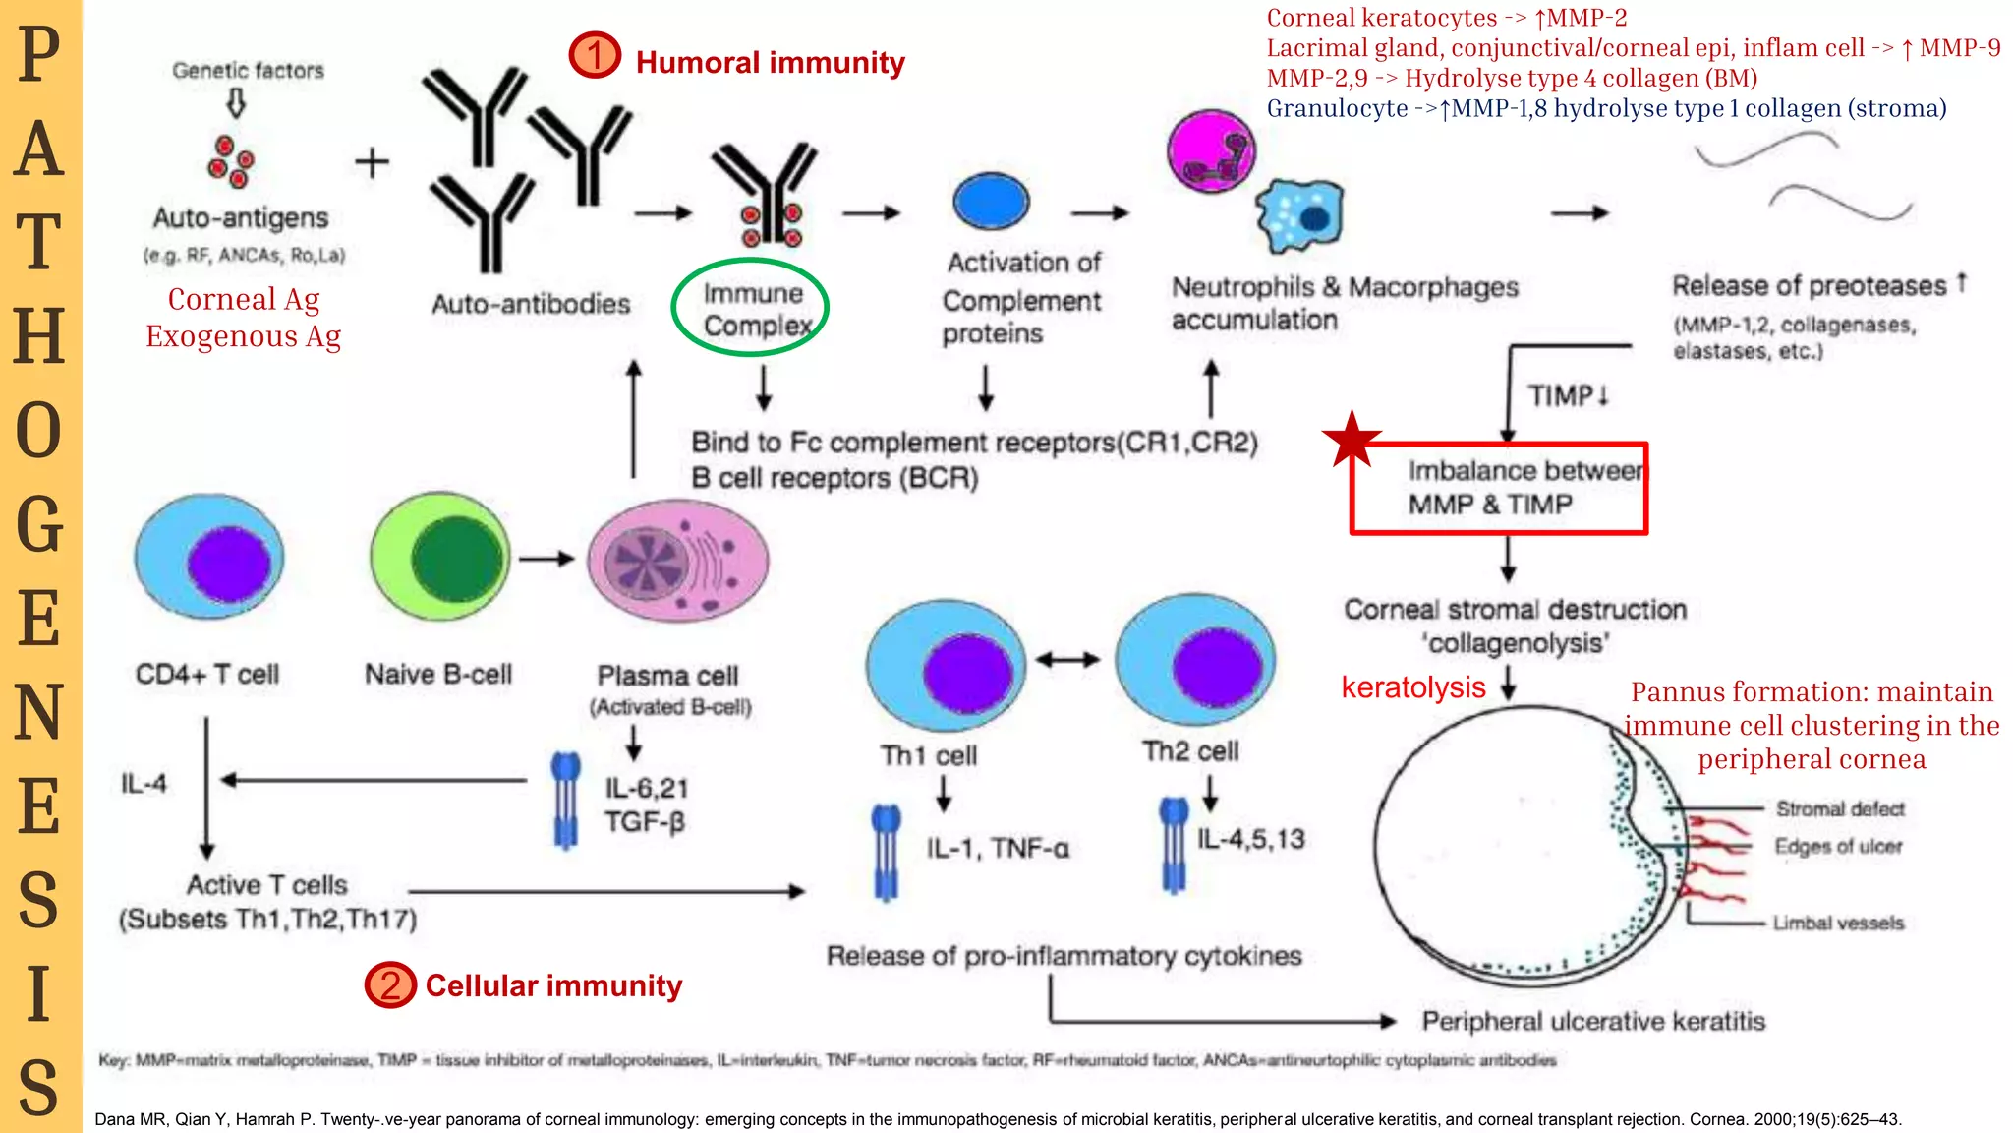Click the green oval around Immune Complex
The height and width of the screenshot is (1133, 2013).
pos(750,308)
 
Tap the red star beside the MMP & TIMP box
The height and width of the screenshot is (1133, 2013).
pos(1352,439)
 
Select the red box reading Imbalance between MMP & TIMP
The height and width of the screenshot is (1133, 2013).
pos(1498,488)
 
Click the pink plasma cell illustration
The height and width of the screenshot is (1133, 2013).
pos(678,560)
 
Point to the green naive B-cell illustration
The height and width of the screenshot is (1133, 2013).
pos(439,558)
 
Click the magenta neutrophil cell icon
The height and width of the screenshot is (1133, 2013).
pos(1211,153)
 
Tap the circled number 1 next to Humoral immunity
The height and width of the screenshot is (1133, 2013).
pos(595,55)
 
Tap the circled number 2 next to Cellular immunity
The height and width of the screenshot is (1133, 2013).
pos(390,984)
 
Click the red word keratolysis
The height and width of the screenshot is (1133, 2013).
pos(1412,687)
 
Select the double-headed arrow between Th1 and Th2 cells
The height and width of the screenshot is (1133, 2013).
pos(1067,660)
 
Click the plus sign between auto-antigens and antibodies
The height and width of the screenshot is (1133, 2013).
pos(372,162)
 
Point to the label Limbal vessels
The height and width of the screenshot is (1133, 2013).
pos(1838,923)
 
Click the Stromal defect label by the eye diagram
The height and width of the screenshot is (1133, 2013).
pos(1839,808)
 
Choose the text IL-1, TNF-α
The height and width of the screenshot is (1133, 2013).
pos(997,848)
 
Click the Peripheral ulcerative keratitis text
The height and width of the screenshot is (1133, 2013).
pos(1592,1021)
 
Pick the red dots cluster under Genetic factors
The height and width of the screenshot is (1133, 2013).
pos(230,162)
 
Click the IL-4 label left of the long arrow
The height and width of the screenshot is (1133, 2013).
pos(144,783)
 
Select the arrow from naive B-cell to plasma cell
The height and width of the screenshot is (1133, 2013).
pos(546,559)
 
